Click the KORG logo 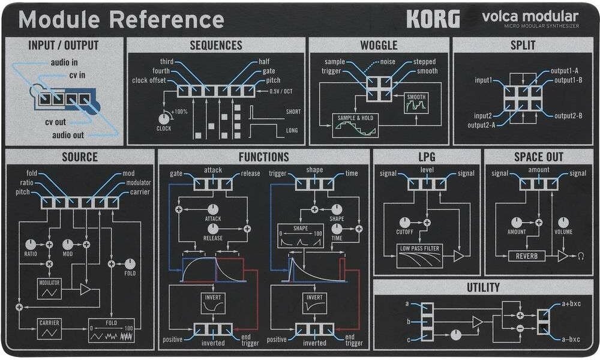(433, 19)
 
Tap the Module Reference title (121, 19)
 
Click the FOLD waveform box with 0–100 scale (112, 331)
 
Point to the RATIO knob (31, 244)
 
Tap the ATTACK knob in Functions (213, 209)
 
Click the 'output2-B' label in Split (568, 116)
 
